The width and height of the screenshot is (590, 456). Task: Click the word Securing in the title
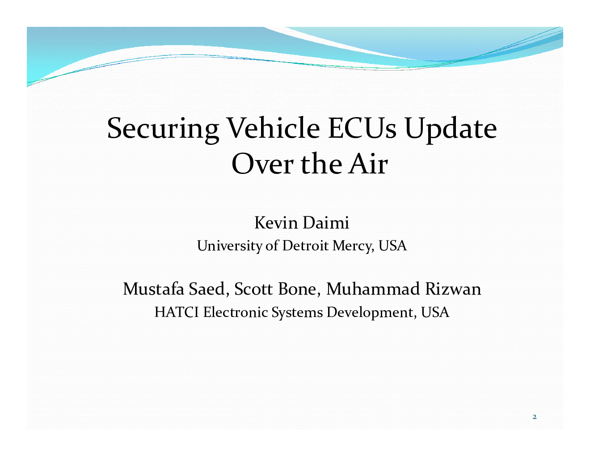(163, 130)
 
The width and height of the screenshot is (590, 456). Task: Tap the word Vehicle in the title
(274, 128)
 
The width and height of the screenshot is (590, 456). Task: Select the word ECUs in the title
(362, 128)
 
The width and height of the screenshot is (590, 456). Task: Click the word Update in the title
(451, 130)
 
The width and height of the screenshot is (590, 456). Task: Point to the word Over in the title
(262, 164)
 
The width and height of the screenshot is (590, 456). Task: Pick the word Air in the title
(368, 164)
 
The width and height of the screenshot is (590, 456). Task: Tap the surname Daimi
(326, 223)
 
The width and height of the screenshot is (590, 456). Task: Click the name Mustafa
(154, 289)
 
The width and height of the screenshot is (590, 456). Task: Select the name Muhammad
(373, 289)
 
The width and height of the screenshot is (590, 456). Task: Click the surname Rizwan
(453, 289)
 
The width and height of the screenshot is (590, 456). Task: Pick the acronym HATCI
(177, 312)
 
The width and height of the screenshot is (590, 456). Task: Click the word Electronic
(236, 312)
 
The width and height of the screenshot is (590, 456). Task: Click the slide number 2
(535, 417)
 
